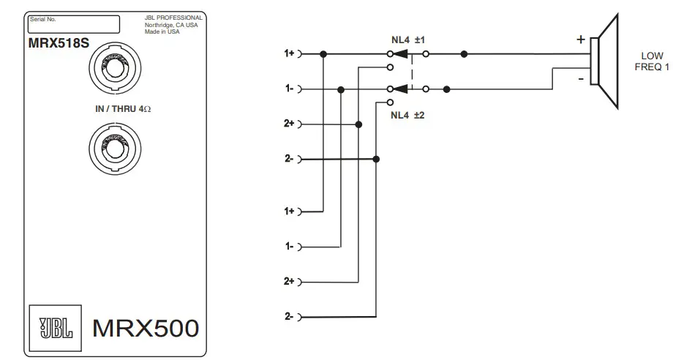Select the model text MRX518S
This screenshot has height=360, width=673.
tap(59, 43)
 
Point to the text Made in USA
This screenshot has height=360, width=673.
tap(162, 31)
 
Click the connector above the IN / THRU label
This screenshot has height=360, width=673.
tap(112, 70)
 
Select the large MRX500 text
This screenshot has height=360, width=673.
tap(145, 329)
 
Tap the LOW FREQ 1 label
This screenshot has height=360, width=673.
tap(652, 61)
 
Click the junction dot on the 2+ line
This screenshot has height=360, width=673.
tap(358, 124)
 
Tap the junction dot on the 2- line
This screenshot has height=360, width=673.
tap(376, 159)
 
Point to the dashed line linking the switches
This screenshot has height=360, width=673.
tap(412, 72)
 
